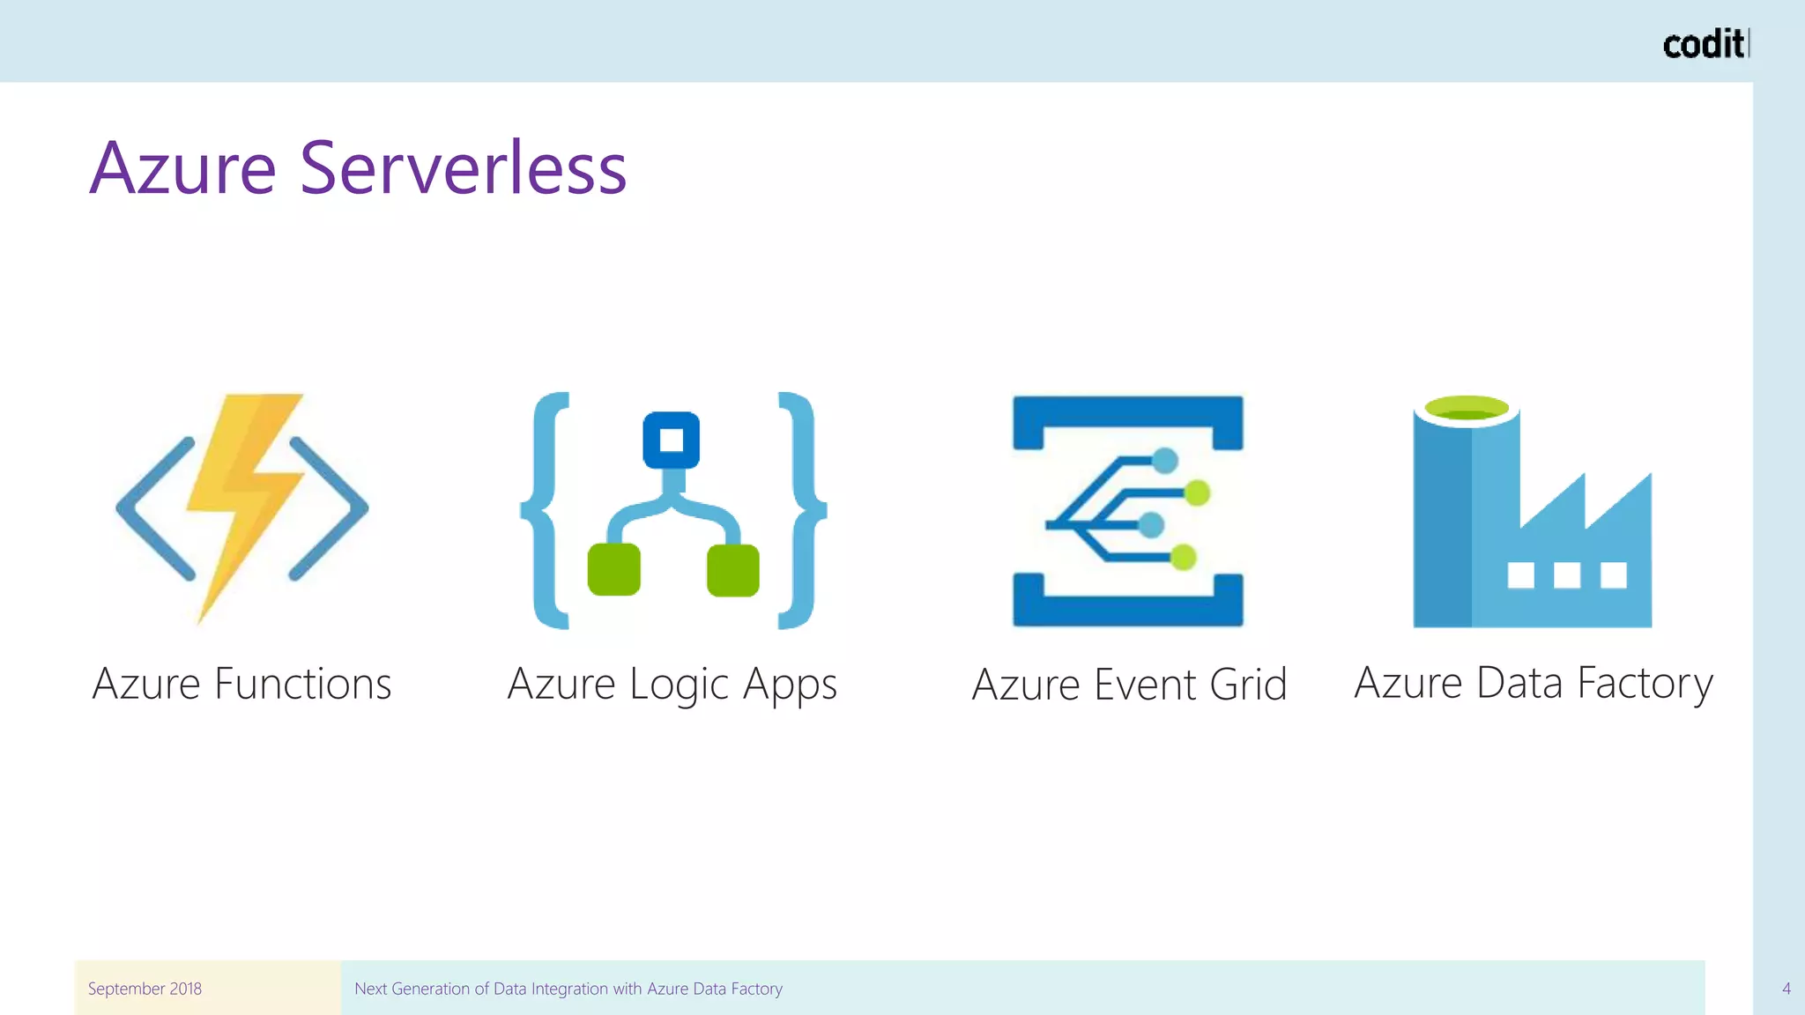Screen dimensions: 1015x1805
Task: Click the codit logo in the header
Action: pos(1704,44)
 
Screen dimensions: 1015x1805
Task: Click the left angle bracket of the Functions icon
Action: pos(152,508)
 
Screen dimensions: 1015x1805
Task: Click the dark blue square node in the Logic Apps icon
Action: pos(671,440)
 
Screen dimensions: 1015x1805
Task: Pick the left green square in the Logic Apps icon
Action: pos(613,570)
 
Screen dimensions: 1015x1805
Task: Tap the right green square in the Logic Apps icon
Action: pos(732,570)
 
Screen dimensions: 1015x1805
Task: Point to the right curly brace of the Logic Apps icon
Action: pos(801,510)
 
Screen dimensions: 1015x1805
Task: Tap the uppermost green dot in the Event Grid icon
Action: pos(1197,493)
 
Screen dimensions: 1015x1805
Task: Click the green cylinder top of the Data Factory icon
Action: pos(1467,409)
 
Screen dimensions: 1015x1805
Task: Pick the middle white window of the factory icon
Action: pos(1566,575)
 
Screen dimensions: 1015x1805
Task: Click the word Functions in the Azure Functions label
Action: pos(302,685)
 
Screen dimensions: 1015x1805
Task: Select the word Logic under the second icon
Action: pos(679,685)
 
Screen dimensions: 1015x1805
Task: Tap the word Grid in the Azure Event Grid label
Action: pos(1248,685)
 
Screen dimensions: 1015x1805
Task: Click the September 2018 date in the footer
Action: pos(145,989)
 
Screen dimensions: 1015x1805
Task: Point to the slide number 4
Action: pos(1786,989)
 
